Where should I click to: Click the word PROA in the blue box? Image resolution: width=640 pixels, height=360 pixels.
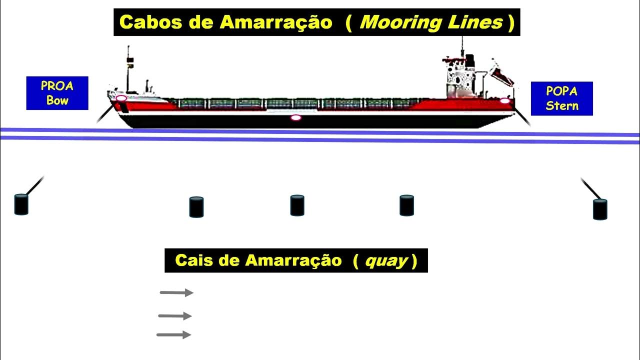(57, 86)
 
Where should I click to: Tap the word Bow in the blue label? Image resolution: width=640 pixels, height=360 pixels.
(57, 100)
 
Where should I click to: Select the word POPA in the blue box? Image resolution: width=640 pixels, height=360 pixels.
(561, 91)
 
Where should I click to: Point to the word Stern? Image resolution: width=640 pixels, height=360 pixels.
(561, 105)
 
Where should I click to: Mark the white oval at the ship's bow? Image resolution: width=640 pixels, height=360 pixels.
(121, 98)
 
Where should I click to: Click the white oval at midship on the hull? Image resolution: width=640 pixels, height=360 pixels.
(296, 118)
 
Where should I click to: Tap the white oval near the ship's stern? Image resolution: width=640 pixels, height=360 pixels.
(504, 101)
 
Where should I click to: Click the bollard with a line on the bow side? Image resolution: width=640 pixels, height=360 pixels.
(21, 204)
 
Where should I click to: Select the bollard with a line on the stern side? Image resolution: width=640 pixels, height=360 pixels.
(599, 209)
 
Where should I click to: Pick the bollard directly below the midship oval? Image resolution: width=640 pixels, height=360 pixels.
(297, 205)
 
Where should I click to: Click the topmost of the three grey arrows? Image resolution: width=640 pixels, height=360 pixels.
(176, 293)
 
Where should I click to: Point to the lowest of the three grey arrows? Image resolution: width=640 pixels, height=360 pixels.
(173, 335)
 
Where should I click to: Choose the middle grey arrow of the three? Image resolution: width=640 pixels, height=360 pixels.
(175, 316)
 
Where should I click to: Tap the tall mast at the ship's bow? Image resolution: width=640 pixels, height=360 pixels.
(128, 70)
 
